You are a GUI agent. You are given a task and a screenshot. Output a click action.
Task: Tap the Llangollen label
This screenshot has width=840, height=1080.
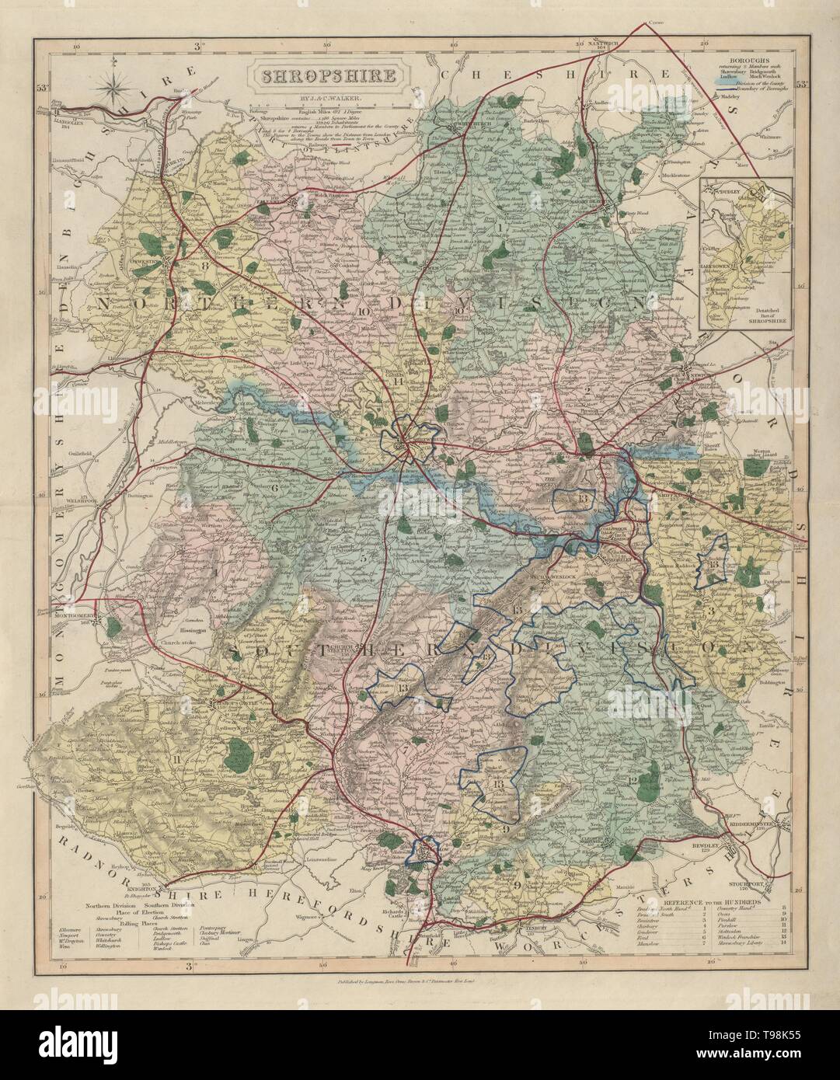(70, 115)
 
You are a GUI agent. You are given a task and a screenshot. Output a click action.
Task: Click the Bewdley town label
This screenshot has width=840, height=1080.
(707, 848)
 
